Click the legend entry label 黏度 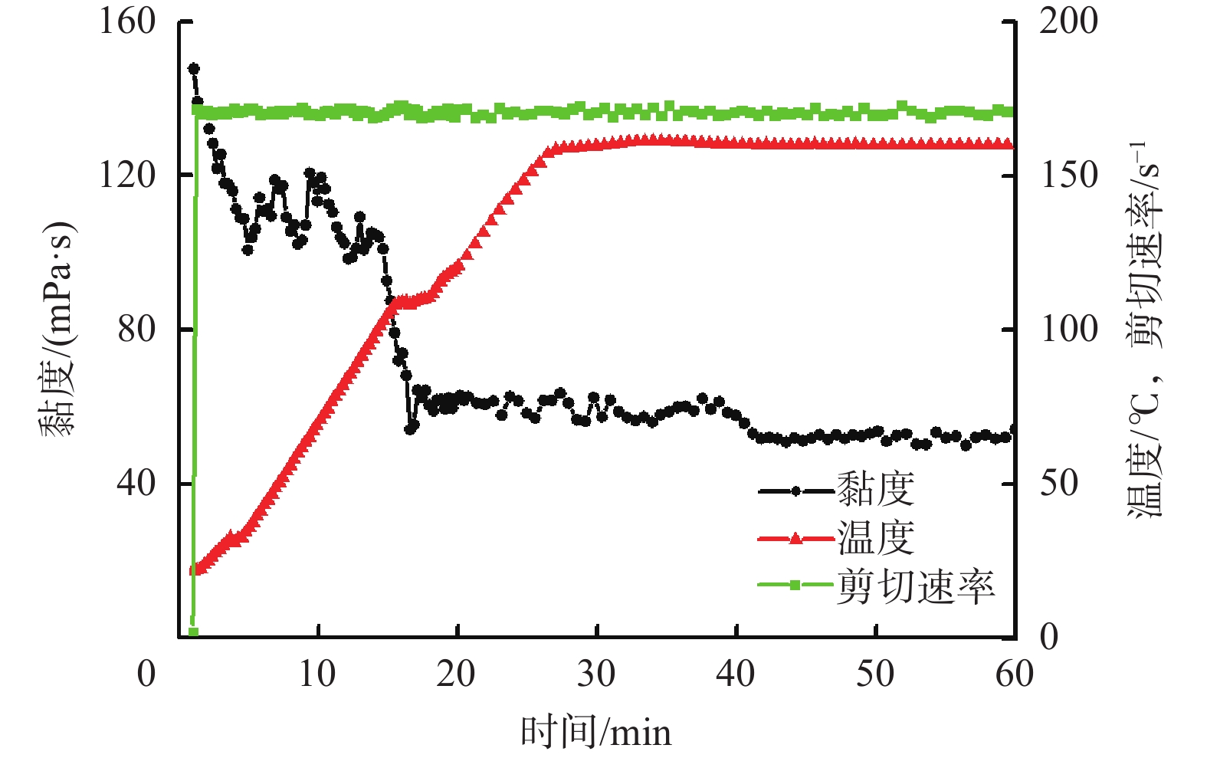pyautogui.click(x=875, y=490)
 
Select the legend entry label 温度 pyautogui.click(x=875, y=538)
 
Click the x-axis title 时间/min pyautogui.click(x=595, y=733)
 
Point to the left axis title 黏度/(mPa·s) pyautogui.click(x=58, y=330)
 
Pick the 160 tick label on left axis pyautogui.click(x=127, y=21)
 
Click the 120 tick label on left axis pyautogui.click(x=127, y=176)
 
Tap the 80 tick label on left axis pyautogui.click(x=136, y=330)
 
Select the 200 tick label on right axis pyautogui.click(x=1068, y=21)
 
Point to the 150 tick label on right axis pyautogui.click(x=1068, y=176)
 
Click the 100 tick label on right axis pyautogui.click(x=1068, y=330)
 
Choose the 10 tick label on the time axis pyautogui.click(x=317, y=674)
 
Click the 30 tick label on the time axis pyautogui.click(x=595, y=674)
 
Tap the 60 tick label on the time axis pyautogui.click(x=1014, y=674)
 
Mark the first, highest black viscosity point pyautogui.click(x=194, y=68)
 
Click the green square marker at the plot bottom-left pyautogui.click(x=193, y=632)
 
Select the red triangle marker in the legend pyautogui.click(x=795, y=538)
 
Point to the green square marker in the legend pyautogui.click(x=795, y=586)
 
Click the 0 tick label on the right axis pyautogui.click(x=1048, y=637)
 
